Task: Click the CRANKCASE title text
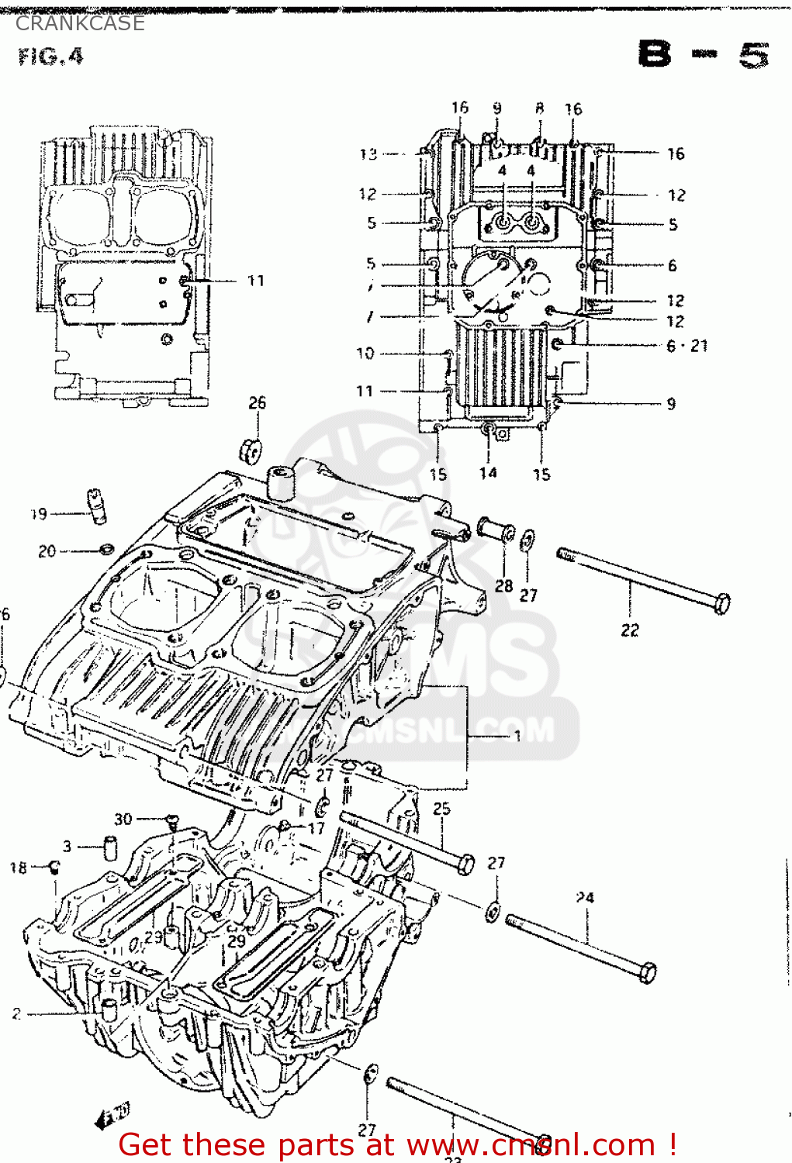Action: pos(80,23)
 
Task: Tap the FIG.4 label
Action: pos(50,57)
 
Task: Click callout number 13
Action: pos(368,154)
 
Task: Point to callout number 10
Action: pos(365,354)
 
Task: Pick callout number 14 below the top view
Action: pos(487,473)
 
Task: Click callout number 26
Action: pos(257,402)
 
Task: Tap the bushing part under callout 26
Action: pos(251,450)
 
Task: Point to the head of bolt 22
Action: pos(721,603)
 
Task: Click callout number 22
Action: pos(629,630)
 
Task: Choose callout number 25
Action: pos(441,809)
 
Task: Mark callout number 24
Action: pos(585,897)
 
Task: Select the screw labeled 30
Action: pos(171,820)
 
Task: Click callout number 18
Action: pos(18,868)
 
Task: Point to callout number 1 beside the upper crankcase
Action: pos(517,735)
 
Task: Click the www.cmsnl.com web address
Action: pos(531,1144)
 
